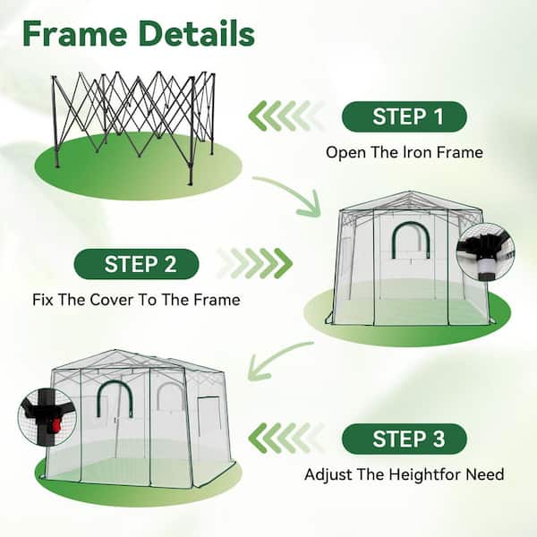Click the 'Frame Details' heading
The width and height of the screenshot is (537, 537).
(x=139, y=34)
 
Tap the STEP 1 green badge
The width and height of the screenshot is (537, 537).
(x=405, y=116)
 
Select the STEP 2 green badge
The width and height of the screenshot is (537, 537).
(x=136, y=264)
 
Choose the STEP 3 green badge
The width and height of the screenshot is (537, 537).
(x=405, y=439)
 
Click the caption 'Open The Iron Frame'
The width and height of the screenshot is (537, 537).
(x=405, y=152)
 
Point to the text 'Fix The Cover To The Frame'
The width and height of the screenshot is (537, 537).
(x=136, y=300)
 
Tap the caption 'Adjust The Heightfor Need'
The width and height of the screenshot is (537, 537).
(x=405, y=474)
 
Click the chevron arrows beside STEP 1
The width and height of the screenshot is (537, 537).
(x=286, y=115)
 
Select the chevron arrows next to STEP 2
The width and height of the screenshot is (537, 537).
(x=255, y=263)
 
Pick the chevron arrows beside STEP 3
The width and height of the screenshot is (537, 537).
(x=286, y=438)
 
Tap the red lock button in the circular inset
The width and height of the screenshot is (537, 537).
(x=55, y=425)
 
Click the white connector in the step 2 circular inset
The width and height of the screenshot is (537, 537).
(x=485, y=265)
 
